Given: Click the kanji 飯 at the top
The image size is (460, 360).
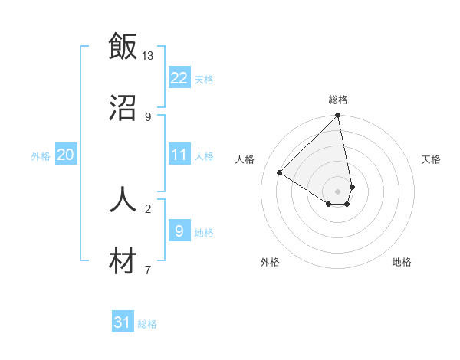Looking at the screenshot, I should tap(123, 47).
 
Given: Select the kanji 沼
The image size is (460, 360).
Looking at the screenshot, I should tap(123, 107).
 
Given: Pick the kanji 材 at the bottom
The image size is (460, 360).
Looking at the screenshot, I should tap(123, 260).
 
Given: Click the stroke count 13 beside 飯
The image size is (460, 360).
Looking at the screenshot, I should tap(147, 56).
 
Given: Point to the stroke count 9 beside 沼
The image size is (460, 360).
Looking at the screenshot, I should tap(148, 116).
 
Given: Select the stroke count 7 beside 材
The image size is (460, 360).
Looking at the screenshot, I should tap(148, 270).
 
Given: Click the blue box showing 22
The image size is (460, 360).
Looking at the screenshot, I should tap(179, 78).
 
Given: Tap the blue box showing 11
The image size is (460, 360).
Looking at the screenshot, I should tap(179, 155).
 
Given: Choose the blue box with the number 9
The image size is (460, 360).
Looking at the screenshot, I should tap(179, 231).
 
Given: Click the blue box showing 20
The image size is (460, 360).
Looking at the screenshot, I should tap(65, 155).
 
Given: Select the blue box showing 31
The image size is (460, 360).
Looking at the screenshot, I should tap(123, 322).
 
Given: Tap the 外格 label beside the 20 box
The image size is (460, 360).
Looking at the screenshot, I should tap(41, 156).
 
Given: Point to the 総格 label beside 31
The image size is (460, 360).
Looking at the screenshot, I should tap(147, 324).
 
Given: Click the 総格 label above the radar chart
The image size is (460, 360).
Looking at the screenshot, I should tap(338, 100).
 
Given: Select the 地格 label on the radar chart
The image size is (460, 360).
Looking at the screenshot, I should tap(402, 262).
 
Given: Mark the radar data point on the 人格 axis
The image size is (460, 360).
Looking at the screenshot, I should tap(280, 172).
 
